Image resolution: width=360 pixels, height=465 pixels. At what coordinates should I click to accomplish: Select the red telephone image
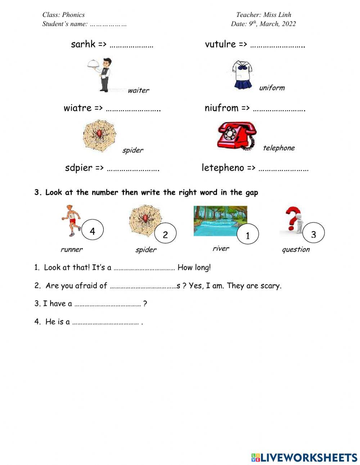pyautogui.click(x=237, y=136)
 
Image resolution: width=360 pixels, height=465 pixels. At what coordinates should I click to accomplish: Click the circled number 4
pyautogui.click(x=93, y=231)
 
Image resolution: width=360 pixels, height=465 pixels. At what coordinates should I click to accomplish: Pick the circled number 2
pyautogui.click(x=165, y=234)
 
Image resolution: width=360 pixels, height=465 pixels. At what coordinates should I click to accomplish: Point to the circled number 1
pyautogui.click(x=248, y=236)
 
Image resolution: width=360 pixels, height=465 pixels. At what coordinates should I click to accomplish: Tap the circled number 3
pyautogui.click(x=313, y=234)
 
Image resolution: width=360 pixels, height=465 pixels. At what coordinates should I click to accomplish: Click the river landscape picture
pyautogui.click(x=220, y=221)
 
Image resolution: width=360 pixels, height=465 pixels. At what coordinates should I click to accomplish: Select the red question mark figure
pyautogui.click(x=293, y=220)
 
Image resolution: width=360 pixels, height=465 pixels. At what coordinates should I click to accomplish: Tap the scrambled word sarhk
pyautogui.click(x=83, y=44)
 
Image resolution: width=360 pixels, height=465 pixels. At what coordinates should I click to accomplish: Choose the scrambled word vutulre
pyautogui.click(x=220, y=44)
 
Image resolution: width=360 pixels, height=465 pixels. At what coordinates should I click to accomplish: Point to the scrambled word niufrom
pyautogui.click(x=221, y=108)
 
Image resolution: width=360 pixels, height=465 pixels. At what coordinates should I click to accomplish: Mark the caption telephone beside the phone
pyautogui.click(x=279, y=148)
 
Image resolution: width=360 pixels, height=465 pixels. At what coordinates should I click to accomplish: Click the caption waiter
pyautogui.click(x=138, y=90)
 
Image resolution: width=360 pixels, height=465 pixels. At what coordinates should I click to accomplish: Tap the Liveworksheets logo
pyautogui.click(x=304, y=457)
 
